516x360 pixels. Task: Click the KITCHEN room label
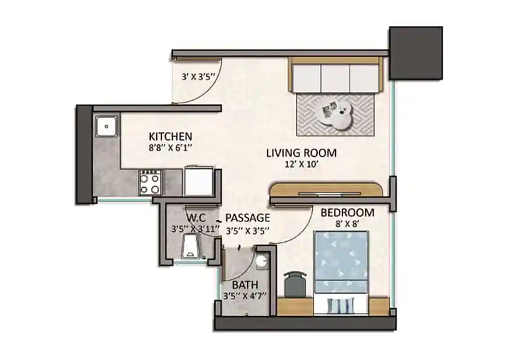(x=170, y=137)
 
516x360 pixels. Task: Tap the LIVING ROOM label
(x=301, y=153)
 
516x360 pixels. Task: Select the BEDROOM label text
(x=347, y=212)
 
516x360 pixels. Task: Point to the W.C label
(x=197, y=217)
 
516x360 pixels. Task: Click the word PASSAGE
(x=248, y=217)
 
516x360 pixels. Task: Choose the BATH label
(x=245, y=285)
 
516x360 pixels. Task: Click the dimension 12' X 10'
(x=301, y=165)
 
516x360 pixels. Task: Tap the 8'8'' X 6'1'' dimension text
(x=170, y=148)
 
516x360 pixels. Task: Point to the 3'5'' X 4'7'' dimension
(x=245, y=296)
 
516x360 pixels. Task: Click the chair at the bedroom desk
(x=295, y=284)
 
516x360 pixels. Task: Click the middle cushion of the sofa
(x=336, y=78)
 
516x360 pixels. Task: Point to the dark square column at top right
(x=415, y=53)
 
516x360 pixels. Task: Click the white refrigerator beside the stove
(x=199, y=181)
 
